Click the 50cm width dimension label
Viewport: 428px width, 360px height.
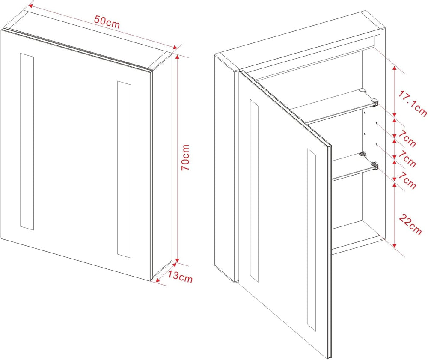tap(107, 22)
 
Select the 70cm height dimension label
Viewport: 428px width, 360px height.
tap(186, 158)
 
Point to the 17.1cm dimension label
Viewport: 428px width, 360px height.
tap(412, 104)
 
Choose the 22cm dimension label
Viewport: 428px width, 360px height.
tap(410, 224)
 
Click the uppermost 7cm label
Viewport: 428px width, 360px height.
tap(407, 138)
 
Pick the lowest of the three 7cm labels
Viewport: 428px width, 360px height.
tap(407, 181)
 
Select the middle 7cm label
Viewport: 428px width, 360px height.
tap(407, 159)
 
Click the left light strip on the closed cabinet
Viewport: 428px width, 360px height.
tap(27, 141)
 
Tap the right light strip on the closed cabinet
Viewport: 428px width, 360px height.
tap(124, 169)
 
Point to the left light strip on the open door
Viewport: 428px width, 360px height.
tap(254, 190)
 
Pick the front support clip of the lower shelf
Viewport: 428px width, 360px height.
tap(374, 165)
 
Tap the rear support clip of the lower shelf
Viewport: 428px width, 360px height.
tap(362, 154)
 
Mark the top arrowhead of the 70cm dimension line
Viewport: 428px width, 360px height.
tap(177, 57)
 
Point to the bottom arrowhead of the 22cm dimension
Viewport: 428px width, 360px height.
tap(395, 244)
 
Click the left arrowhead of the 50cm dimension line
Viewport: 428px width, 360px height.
tap(31, 6)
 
